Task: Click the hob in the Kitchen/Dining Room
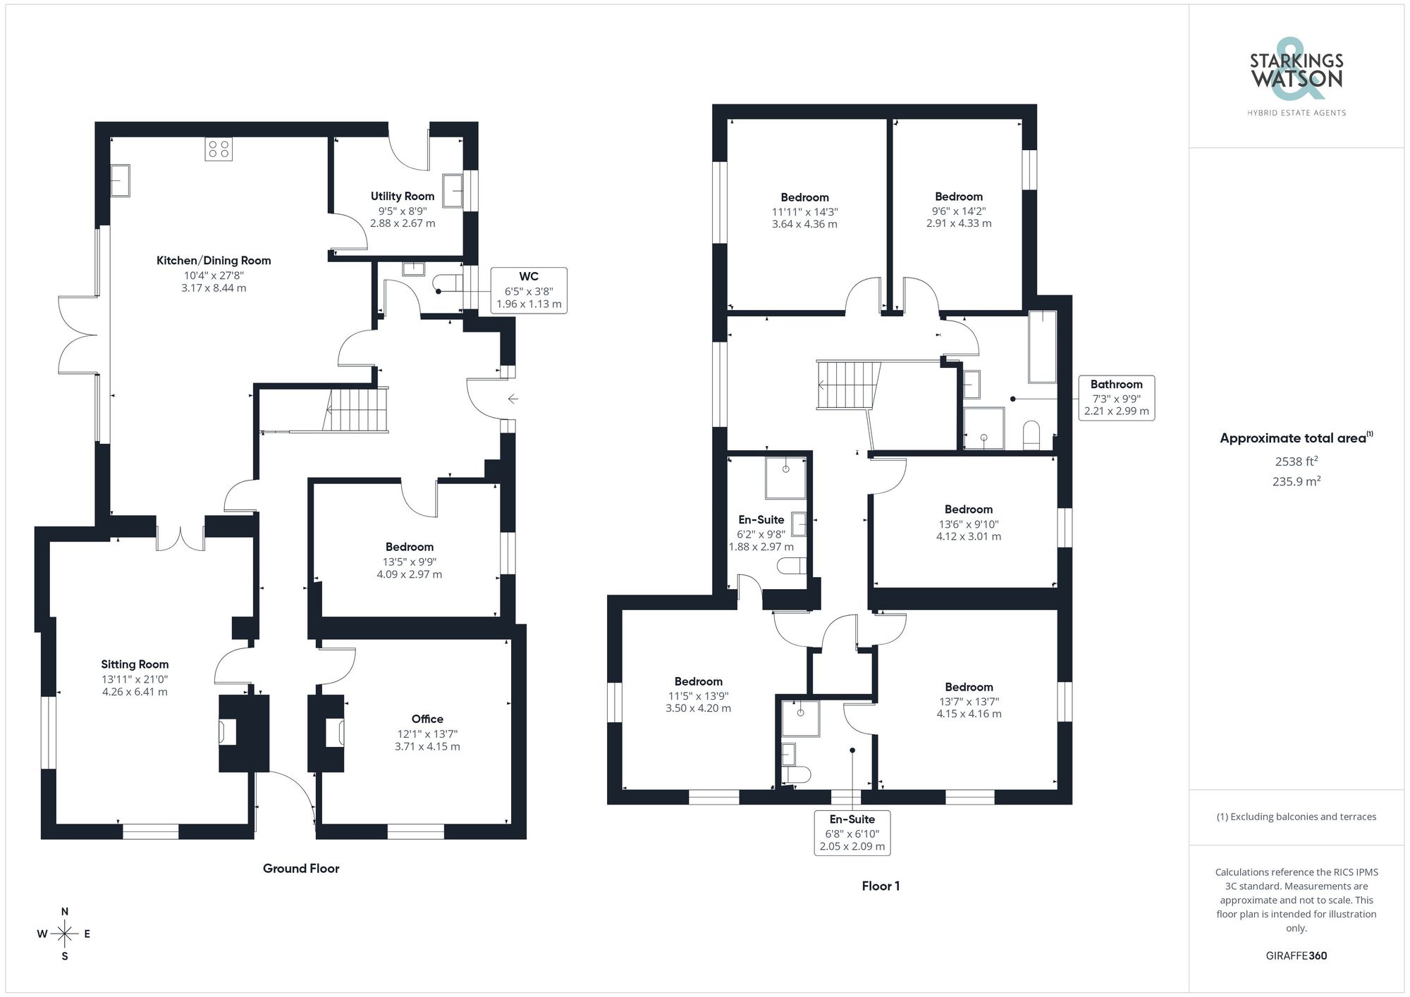219,149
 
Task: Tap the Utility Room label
403,196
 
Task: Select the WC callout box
529,290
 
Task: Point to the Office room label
427,719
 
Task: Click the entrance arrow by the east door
513,399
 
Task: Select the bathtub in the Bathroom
1043,346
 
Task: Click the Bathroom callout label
1116,397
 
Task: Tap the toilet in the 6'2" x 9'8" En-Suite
792,566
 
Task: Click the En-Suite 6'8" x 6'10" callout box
852,832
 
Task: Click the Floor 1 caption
881,886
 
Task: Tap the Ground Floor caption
301,868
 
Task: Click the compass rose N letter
65,912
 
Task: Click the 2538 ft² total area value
1296,462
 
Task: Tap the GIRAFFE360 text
1296,955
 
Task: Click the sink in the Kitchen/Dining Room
121,180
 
